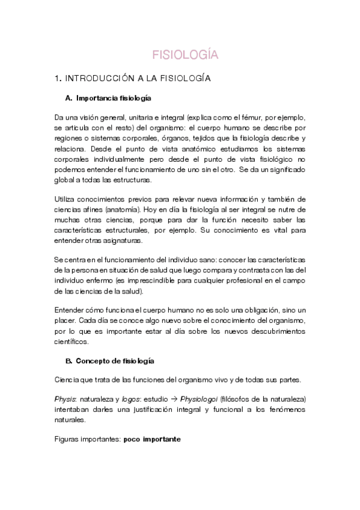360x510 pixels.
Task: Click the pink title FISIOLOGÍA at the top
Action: [x=184, y=55]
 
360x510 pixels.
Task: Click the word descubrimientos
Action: [x=274, y=331]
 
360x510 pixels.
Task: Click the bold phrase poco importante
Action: [x=152, y=440]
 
